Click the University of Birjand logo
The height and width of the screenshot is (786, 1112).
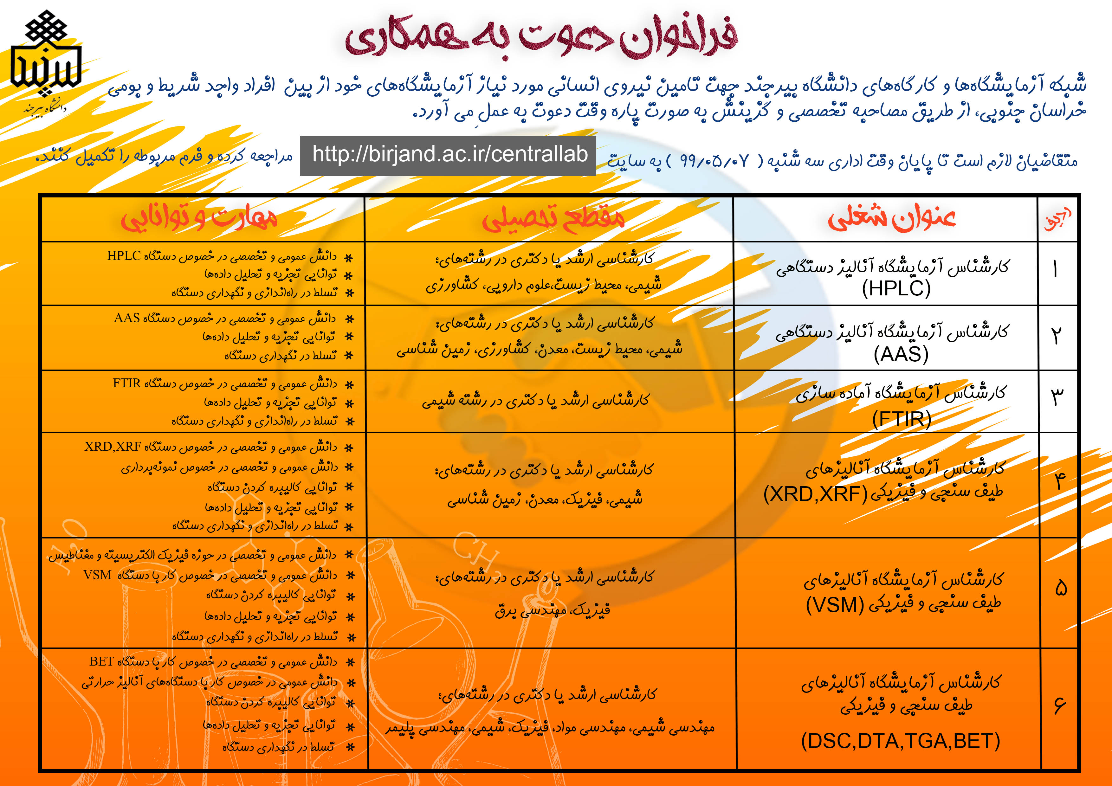pos(46,61)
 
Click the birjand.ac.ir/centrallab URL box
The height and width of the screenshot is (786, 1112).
pos(448,155)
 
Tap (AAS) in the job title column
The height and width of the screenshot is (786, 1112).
pos(901,354)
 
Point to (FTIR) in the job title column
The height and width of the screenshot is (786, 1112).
pos(901,419)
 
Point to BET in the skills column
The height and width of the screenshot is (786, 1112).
pos(102,661)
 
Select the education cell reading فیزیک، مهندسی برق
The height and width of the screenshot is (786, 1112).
pos(552,610)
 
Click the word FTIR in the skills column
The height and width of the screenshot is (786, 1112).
pos(127,383)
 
